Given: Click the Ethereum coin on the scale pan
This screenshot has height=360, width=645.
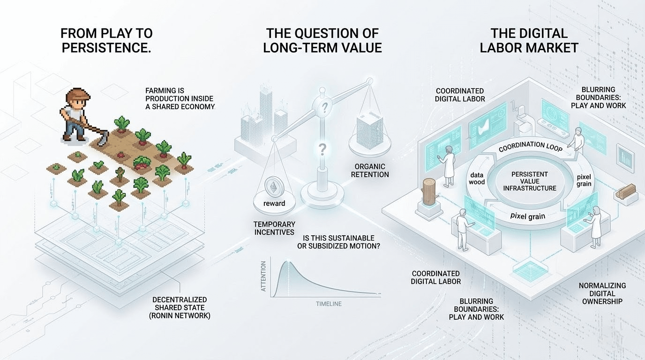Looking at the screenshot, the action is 271,187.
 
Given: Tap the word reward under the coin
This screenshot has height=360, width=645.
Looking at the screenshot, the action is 274,203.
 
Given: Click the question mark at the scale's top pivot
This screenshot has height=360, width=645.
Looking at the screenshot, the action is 323,109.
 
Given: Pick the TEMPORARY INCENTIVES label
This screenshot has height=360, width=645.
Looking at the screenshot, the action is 274,228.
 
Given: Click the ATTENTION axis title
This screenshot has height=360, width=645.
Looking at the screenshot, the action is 263,276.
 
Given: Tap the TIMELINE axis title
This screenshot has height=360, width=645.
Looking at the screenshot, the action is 329,304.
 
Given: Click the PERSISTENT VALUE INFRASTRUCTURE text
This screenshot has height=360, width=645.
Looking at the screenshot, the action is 529,181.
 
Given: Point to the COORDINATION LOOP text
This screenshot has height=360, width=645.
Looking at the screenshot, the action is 527,146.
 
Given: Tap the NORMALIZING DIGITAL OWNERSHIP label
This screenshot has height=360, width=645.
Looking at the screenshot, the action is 602,293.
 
